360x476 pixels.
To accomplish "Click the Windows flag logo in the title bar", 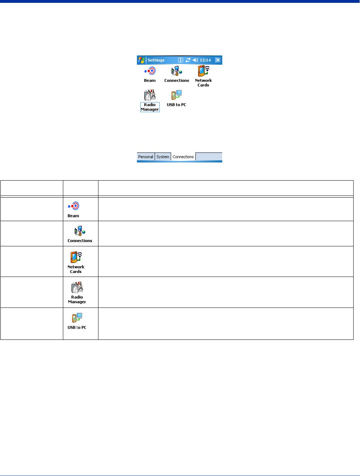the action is [x=141, y=60].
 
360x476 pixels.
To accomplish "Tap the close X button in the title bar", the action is [x=218, y=60].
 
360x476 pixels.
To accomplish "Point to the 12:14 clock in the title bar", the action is [x=205, y=60].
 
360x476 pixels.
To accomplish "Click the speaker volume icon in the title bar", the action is [x=195, y=60].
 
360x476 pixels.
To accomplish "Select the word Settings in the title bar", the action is [x=156, y=60].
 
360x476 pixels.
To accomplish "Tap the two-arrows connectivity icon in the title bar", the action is [x=188, y=60].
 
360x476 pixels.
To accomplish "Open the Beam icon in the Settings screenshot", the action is [x=150, y=71].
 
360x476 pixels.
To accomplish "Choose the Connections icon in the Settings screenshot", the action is [x=177, y=71].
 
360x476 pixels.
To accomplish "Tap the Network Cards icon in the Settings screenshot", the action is [x=203, y=71].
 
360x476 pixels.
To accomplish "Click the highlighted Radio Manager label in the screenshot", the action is [x=150, y=107].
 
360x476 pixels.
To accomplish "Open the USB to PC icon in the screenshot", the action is [x=176, y=95].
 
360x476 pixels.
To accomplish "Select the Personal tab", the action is [x=146, y=157].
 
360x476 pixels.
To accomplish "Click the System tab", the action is [x=163, y=157].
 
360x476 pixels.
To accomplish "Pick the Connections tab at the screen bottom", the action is [x=183, y=157].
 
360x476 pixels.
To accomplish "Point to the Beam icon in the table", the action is [x=74, y=206].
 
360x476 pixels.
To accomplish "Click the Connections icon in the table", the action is [x=80, y=231].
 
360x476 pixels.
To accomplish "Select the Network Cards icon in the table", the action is [x=76, y=257].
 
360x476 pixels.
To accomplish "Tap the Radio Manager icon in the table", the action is [x=77, y=287].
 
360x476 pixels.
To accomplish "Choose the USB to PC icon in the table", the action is [x=77, y=317].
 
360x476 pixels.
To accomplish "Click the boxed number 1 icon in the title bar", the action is [x=181, y=60].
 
